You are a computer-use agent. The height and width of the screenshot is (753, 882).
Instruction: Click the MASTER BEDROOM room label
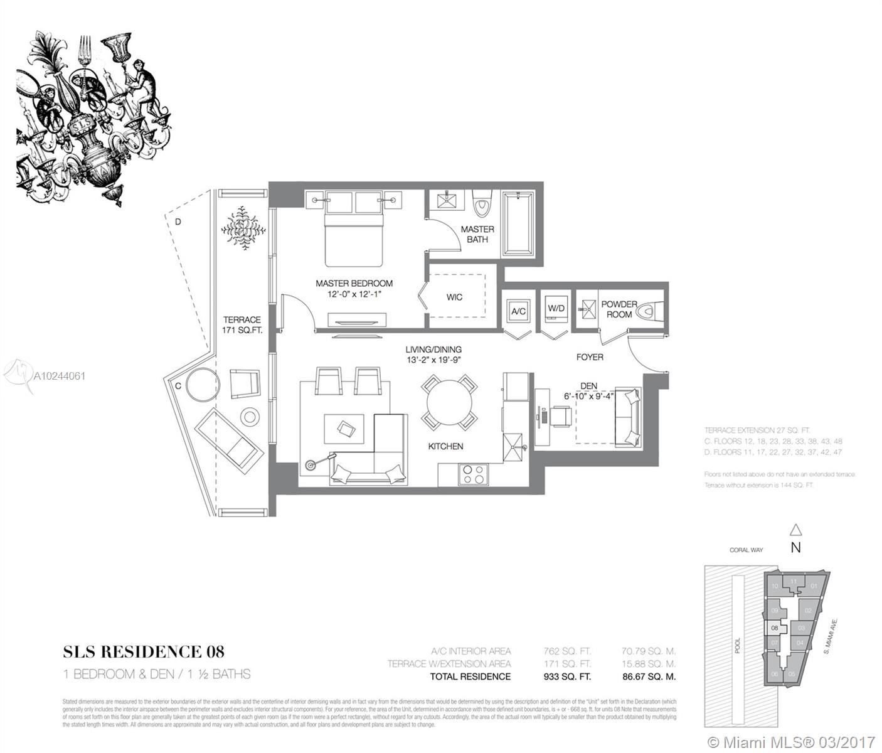(x=354, y=284)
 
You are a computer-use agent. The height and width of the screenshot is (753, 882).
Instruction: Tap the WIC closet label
(x=454, y=297)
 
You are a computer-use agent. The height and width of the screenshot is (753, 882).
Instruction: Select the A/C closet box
(x=518, y=311)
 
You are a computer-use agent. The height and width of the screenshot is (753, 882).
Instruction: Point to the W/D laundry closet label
(x=556, y=309)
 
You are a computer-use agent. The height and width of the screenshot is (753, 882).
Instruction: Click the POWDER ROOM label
(x=619, y=309)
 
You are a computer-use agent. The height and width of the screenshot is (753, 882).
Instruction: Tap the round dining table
(x=449, y=402)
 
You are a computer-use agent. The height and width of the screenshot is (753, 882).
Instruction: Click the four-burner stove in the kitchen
(x=472, y=473)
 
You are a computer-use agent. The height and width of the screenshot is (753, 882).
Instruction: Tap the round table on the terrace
(x=199, y=384)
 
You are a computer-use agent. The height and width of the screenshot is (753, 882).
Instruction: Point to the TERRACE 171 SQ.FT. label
(x=242, y=324)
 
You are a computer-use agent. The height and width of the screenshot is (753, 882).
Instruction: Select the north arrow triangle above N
(x=795, y=529)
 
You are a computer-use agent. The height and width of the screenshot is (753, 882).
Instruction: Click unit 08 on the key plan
(x=775, y=627)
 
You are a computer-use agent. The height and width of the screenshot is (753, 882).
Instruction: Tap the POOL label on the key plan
(x=738, y=646)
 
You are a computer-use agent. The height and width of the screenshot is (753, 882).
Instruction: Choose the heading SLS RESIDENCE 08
(x=144, y=652)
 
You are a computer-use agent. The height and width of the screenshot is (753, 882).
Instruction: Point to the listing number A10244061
(x=59, y=376)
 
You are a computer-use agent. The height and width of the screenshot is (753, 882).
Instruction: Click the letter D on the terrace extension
(x=178, y=222)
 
